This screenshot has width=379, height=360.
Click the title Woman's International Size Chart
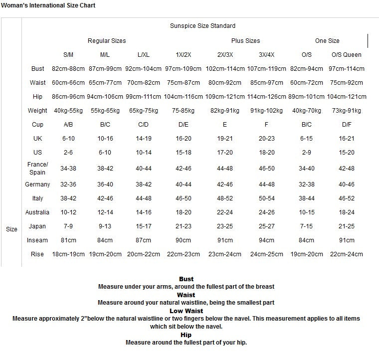coord(48,5)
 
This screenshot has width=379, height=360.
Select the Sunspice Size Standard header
coord(202,26)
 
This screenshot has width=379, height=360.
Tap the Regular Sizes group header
coord(107,41)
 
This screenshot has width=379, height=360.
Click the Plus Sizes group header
coord(245,41)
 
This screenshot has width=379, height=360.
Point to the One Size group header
coord(327,41)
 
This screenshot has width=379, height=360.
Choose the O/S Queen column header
coord(346,55)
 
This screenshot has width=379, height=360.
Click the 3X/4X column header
coord(266,55)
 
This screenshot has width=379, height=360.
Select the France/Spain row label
coord(38,169)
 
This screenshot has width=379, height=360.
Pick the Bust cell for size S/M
coord(68,69)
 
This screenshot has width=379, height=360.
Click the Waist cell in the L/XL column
coord(144,83)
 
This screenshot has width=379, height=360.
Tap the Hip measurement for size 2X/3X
coord(225,97)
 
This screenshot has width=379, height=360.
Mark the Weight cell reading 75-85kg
coord(183,111)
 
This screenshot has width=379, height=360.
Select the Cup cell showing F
coord(266,125)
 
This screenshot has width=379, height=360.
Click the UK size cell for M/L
coord(105,139)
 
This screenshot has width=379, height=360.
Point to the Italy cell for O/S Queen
coord(346,198)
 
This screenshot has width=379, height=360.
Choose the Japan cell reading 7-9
coord(68,226)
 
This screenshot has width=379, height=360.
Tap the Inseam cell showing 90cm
coord(183,240)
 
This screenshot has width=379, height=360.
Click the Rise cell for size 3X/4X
coord(266,254)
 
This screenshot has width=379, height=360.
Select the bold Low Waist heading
coord(186,311)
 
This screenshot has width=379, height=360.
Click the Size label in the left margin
coord(11,229)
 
